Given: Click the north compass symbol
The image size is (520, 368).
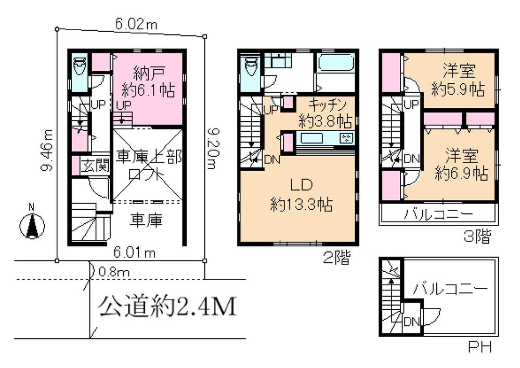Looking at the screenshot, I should tap(31, 226).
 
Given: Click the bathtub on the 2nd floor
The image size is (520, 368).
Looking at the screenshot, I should tap(335, 65).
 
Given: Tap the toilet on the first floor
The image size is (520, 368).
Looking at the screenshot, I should tap(80, 67).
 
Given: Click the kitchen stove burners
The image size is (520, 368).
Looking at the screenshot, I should tap(346, 138).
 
